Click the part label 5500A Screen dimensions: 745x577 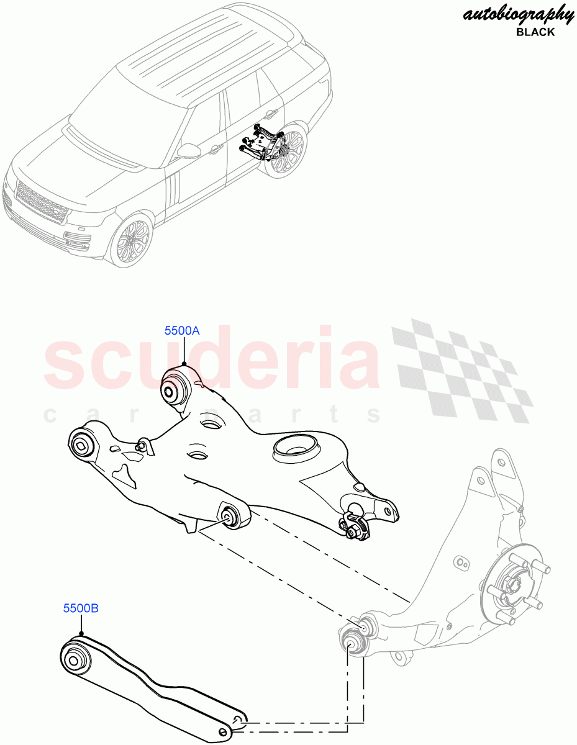coord(182,331)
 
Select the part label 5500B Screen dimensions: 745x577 coord(80,608)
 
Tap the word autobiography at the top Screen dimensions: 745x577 coord(518,14)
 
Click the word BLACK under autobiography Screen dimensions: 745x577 coord(535,32)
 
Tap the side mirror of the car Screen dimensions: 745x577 coord(187,151)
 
